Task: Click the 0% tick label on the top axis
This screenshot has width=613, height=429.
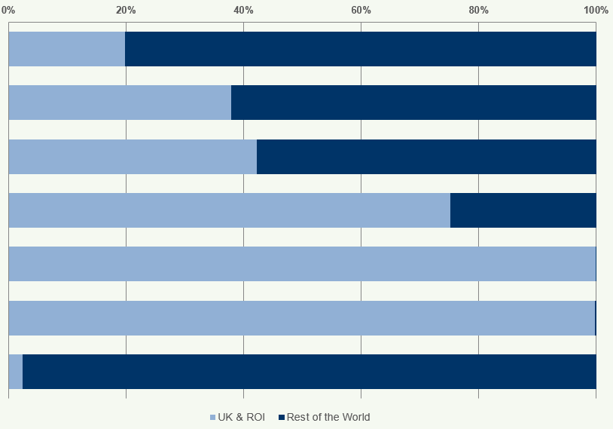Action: click(8, 10)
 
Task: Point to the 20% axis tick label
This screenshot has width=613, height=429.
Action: click(126, 10)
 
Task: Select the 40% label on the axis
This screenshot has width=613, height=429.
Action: click(243, 10)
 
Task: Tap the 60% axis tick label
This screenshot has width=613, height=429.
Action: click(361, 10)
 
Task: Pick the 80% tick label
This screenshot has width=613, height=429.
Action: click(478, 10)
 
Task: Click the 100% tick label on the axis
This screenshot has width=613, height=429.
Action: click(596, 10)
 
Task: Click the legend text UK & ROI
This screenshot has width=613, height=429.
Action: click(241, 417)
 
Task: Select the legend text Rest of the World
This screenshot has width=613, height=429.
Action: click(328, 417)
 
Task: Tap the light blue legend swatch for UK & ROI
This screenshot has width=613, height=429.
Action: click(212, 418)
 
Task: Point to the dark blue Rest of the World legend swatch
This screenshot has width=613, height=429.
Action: click(281, 418)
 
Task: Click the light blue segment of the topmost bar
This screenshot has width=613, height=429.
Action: click(66, 49)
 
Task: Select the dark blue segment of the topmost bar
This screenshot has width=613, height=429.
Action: click(361, 49)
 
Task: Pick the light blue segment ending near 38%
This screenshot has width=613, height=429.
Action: click(120, 103)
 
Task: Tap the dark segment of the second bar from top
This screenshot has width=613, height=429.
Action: click(413, 103)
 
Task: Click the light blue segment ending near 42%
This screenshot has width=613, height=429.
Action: click(133, 157)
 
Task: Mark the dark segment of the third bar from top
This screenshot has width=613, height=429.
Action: click(426, 157)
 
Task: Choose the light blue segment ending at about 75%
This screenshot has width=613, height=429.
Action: click(229, 210)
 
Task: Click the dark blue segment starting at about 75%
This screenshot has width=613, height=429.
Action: click(523, 210)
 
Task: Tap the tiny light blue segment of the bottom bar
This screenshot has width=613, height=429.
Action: click(15, 372)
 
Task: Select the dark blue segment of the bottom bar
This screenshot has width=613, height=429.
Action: click(310, 372)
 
